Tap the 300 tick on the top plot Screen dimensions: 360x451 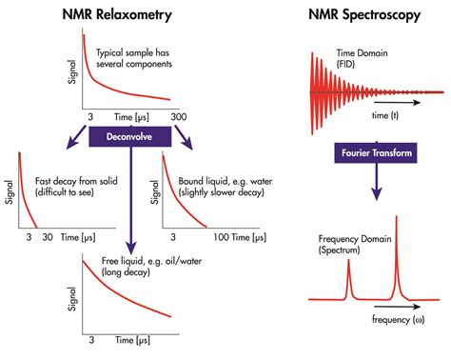[178, 115]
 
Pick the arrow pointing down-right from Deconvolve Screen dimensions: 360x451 [186, 141]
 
